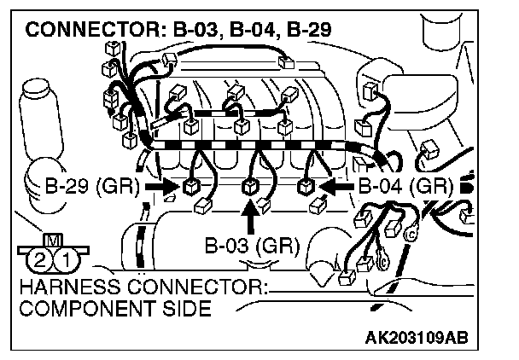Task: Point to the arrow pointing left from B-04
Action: coord(335,183)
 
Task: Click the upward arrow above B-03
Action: coord(251,218)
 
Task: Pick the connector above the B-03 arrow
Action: coord(251,185)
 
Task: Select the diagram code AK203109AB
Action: coord(420,338)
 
